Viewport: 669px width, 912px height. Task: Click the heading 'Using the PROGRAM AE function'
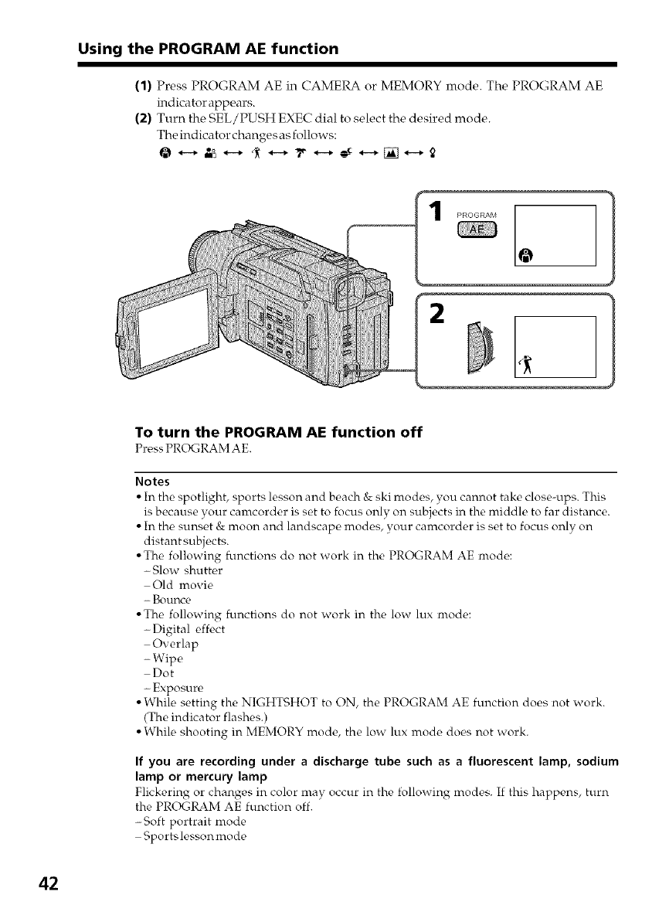pos(208,49)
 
